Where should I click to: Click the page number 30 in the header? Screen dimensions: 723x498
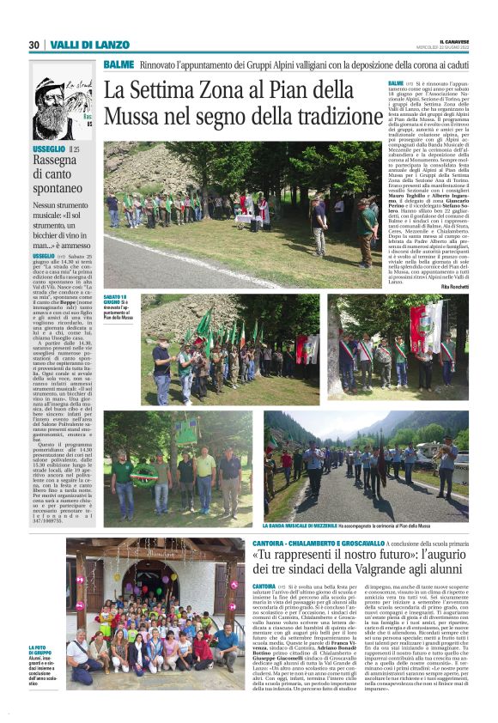34,45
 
